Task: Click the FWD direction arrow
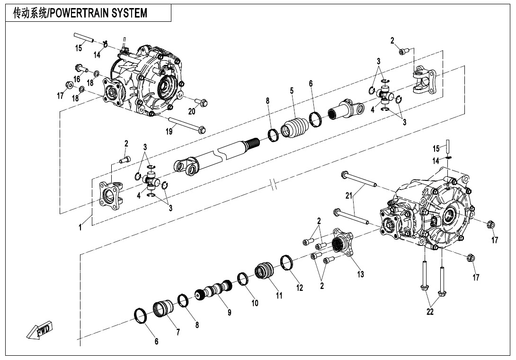[x=40, y=330]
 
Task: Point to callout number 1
[x=80, y=228]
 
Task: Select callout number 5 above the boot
[x=292, y=90]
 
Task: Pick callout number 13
[x=361, y=274]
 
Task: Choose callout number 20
[x=191, y=112]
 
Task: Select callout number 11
[x=279, y=296]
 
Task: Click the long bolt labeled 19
[x=185, y=124]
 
